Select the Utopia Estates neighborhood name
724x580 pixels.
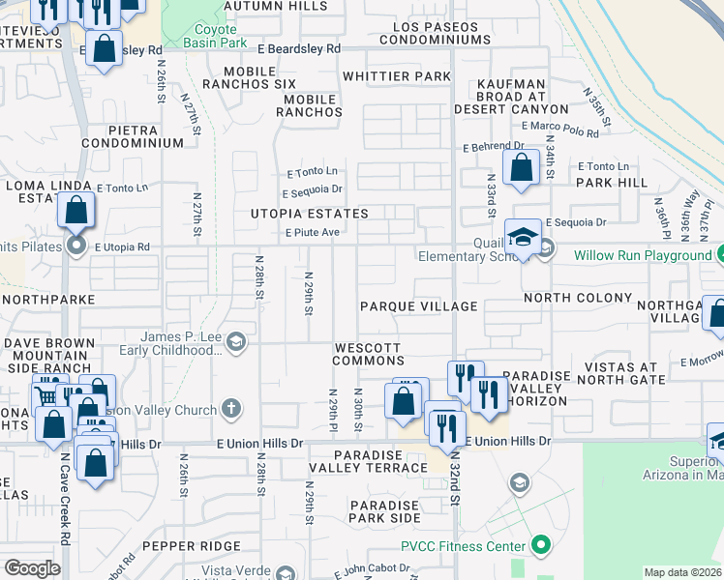pos(309,213)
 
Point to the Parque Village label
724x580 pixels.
pos(418,306)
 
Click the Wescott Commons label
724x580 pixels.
pos(368,354)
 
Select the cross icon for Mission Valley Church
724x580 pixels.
pos(230,409)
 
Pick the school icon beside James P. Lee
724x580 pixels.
pos(235,343)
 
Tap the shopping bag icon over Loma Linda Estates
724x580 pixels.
pos(76,210)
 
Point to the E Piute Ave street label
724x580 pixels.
pos(311,232)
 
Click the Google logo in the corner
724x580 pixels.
pos(32,568)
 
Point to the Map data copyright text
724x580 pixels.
pos(682,572)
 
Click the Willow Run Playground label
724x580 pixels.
pos(642,256)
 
